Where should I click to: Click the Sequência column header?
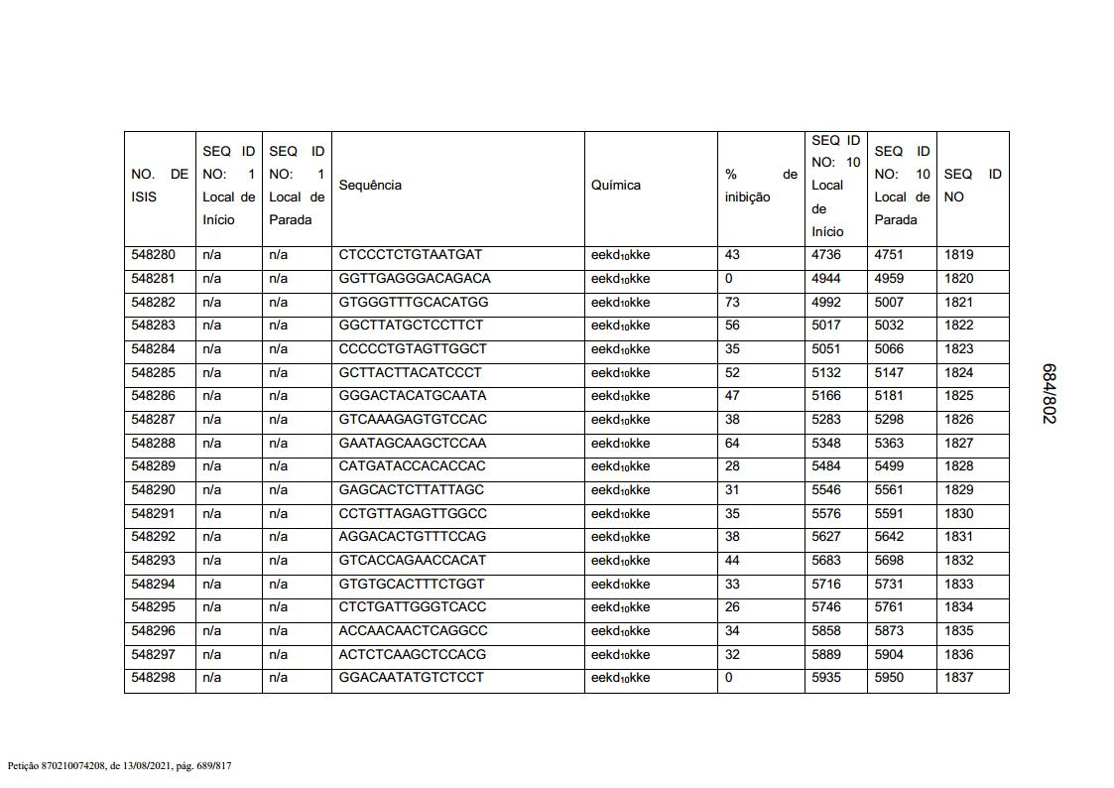click(x=370, y=186)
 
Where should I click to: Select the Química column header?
click(x=615, y=186)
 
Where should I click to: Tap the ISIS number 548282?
click(x=153, y=303)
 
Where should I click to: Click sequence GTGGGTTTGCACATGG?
click(x=413, y=303)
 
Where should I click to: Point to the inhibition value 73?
click(x=733, y=303)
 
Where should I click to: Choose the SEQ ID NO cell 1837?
click(x=958, y=678)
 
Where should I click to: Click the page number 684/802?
click(x=1049, y=393)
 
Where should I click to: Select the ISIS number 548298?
click(x=153, y=678)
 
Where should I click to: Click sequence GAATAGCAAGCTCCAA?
click(x=412, y=444)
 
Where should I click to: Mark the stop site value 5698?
click(x=889, y=561)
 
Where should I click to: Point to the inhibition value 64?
click(x=733, y=444)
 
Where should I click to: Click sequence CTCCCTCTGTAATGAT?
click(x=410, y=255)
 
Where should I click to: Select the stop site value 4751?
click(x=889, y=255)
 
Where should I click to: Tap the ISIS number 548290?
click(x=153, y=490)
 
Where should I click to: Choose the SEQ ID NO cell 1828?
click(x=958, y=466)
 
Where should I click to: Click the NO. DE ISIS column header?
click(x=159, y=186)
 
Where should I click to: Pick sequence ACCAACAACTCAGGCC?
click(x=413, y=631)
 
